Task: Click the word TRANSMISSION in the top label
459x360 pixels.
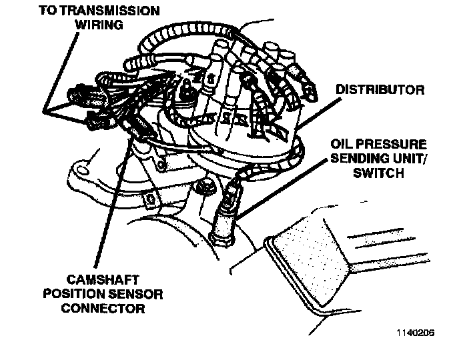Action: [111, 11]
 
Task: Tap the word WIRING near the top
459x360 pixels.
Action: [99, 25]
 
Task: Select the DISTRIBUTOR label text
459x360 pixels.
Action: [380, 89]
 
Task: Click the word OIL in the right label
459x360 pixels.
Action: [341, 144]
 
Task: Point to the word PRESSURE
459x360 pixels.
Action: [390, 144]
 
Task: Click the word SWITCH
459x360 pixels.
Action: [378, 173]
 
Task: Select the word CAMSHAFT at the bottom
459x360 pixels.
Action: [103, 280]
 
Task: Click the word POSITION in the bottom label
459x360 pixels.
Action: [75, 294]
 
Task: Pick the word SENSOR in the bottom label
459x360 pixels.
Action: [137, 294]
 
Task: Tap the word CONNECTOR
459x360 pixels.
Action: [103, 308]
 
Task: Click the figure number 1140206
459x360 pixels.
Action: [416, 333]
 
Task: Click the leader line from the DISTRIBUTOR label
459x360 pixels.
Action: [318, 113]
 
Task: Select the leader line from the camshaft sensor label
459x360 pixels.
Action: [111, 204]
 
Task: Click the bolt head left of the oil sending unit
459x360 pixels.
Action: [205, 187]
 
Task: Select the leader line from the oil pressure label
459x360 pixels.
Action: [282, 189]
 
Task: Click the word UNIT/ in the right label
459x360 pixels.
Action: [410, 158]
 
